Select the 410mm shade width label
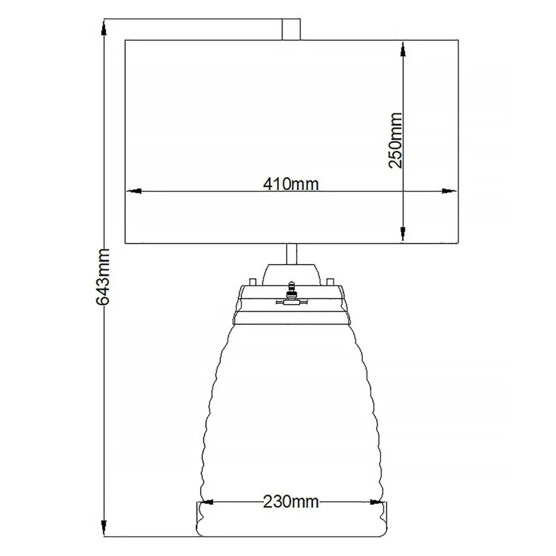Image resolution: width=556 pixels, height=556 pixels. pos(291,183)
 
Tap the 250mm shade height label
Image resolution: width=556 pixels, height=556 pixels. pos(396,140)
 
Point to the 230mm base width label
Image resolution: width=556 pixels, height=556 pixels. pos(291,502)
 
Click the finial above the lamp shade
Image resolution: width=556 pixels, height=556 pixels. pos(292,29)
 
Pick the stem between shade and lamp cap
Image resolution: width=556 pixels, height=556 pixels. pos(291,253)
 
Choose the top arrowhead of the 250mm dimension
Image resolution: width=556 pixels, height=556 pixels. pos(405,48)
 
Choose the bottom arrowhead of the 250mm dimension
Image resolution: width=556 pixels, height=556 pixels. pos(405,234)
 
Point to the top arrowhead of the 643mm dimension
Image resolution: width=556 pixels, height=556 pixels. pos(104,28)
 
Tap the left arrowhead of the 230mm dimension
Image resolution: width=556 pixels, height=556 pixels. pos(206,502)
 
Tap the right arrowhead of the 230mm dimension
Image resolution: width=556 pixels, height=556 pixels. pos(377,502)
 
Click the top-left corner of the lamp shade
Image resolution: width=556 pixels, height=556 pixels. pos(125,40)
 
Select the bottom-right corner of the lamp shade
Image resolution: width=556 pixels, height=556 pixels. pos(459,243)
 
